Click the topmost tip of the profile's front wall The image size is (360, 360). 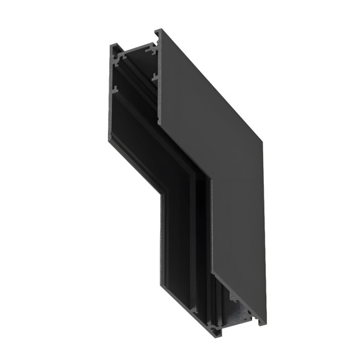pos(156,29)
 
